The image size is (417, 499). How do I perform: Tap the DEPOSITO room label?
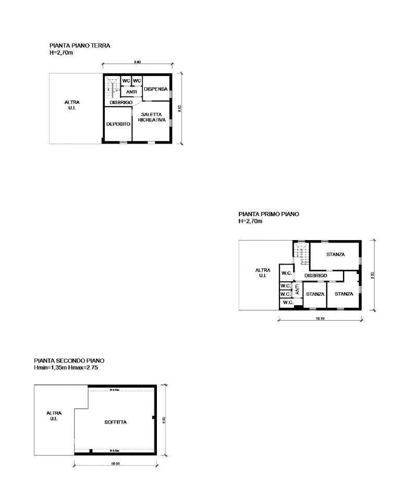(118, 124)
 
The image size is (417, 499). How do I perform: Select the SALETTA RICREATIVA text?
(152, 117)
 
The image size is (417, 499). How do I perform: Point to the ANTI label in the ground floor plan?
(131, 92)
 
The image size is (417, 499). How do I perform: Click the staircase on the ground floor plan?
(111, 88)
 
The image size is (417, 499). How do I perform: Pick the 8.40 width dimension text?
(137, 62)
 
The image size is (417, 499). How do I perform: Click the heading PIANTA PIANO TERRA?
(80, 46)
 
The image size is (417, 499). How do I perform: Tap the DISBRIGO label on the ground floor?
(121, 103)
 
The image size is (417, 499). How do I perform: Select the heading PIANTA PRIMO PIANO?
(269, 214)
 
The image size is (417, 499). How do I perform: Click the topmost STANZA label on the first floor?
(336, 255)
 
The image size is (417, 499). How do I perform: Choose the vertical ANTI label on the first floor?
(297, 289)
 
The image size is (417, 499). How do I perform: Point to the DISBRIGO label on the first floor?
(315, 275)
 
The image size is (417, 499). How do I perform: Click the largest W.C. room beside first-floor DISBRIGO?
(286, 273)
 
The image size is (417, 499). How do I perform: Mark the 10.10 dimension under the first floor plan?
(320, 319)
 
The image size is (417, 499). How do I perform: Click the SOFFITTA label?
(115, 422)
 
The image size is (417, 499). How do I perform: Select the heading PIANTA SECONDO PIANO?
(69, 360)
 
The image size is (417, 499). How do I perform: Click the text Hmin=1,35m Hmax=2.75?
(66, 368)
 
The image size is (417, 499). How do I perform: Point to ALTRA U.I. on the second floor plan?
(54, 415)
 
